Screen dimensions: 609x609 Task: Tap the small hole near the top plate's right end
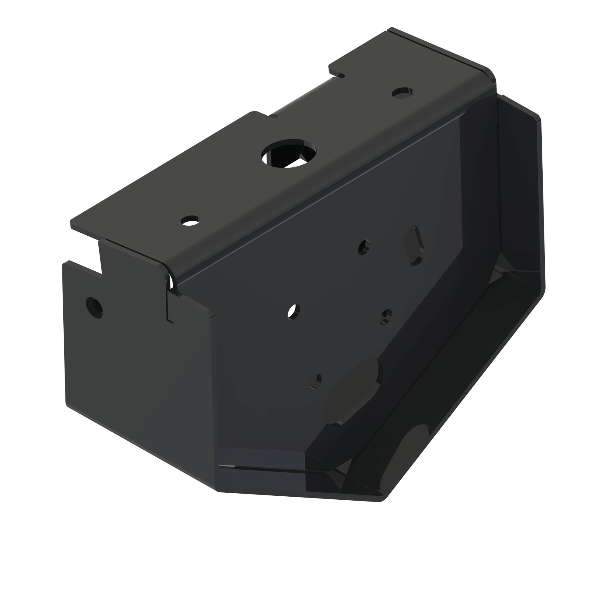[402, 93]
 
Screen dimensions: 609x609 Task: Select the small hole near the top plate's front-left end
[190, 220]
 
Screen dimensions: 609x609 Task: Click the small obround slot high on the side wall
[414, 246]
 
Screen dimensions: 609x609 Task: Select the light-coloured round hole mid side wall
[294, 312]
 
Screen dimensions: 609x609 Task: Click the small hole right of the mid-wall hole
[386, 316]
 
